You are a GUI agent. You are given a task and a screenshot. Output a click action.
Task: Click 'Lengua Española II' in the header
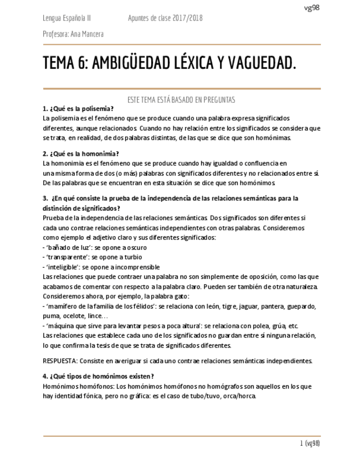point(67,18)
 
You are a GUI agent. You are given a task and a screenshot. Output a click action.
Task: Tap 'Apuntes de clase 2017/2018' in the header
point(165,18)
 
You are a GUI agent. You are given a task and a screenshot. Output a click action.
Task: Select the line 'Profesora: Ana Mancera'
point(73,34)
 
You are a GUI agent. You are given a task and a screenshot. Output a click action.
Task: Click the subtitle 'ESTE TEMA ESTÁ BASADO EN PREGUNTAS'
point(182,100)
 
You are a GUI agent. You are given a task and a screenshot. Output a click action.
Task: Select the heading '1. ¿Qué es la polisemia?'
point(78,109)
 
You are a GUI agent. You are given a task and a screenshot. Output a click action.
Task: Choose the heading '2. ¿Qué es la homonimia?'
point(81,154)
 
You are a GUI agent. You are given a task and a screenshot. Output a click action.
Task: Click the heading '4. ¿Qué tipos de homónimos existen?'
point(98,376)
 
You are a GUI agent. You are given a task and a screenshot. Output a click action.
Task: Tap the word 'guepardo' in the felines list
point(299,306)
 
